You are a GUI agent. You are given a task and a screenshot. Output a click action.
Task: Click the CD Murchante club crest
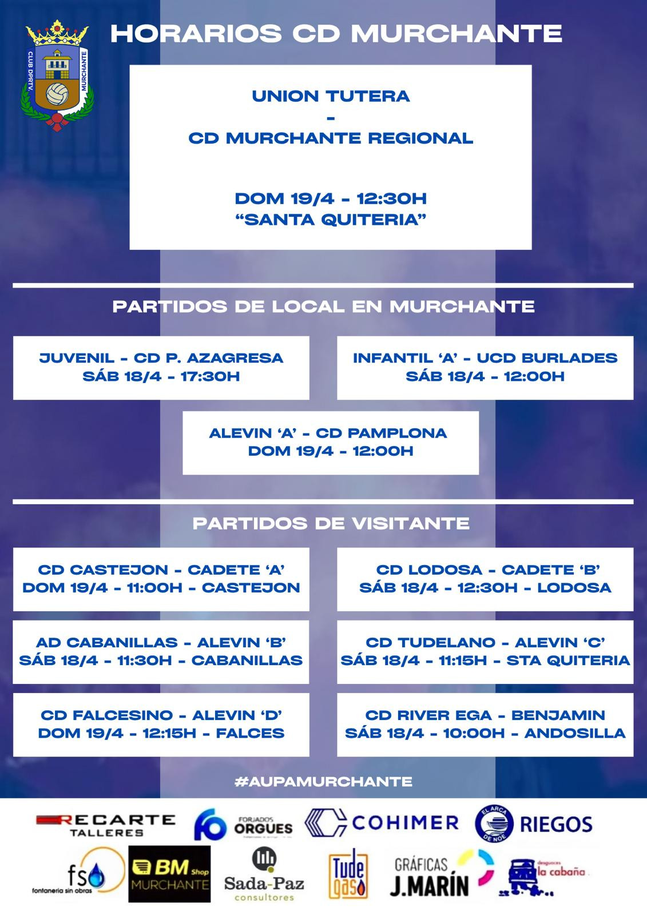pos(58,75)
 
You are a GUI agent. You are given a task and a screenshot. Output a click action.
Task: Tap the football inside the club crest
pos(57,94)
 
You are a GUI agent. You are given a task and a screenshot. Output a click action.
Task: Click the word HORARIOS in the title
pos(196,33)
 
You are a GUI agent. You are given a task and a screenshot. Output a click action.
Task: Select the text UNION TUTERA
pos(331,96)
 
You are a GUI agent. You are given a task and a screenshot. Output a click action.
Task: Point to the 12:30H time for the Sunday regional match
pos(391,199)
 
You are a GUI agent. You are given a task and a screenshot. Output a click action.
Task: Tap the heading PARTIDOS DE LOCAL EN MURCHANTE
pos(323,307)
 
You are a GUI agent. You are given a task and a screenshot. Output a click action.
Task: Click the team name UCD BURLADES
pos(547,358)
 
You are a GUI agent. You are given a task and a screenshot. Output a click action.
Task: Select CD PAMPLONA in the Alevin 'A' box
pos(381,433)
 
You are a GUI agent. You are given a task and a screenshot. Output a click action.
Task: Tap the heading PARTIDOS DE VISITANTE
pos(331,523)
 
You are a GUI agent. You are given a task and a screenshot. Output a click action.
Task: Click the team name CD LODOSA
pos(429,570)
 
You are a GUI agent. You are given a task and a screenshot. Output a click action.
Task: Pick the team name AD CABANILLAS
pos(107,642)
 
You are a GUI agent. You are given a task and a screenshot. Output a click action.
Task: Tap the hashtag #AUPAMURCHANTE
pos(323,781)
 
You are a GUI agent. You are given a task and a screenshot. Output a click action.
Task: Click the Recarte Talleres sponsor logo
pos(105,825)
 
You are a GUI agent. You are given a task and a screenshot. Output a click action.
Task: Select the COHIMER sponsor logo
pos(382,823)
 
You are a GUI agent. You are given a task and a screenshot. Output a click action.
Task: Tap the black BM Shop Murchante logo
pos(169,874)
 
